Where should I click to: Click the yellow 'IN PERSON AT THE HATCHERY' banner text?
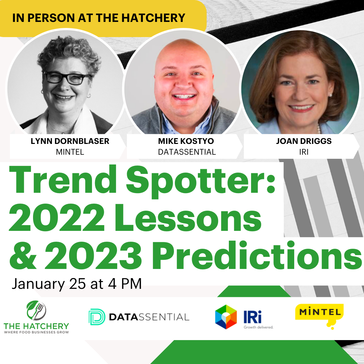(x=99, y=18)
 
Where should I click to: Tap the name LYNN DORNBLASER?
(x=70, y=141)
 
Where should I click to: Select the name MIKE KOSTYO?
(x=186, y=141)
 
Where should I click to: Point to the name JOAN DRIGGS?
(x=304, y=141)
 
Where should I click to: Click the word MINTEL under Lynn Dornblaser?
(x=70, y=152)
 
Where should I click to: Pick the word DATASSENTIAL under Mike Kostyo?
(x=187, y=152)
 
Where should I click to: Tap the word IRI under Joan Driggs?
(x=304, y=152)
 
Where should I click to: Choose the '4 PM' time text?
(x=125, y=284)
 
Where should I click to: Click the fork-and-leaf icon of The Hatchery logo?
(x=36, y=310)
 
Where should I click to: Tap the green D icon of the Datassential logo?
(x=97, y=317)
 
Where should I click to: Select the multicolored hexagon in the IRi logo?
(x=226, y=317)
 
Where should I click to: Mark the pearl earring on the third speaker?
(x=330, y=95)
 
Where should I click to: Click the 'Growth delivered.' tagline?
(x=259, y=327)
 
